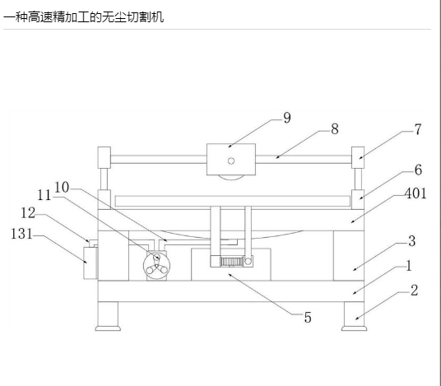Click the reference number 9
pyautogui.click(x=287, y=118)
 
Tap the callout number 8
pyautogui.click(x=334, y=129)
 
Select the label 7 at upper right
pyautogui.click(x=418, y=129)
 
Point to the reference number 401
pyautogui.click(x=415, y=193)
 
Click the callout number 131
pyautogui.click(x=22, y=234)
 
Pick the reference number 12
pyautogui.click(x=28, y=213)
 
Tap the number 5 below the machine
pyautogui.click(x=308, y=318)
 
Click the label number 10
pyautogui.click(x=62, y=188)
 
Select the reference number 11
pyautogui.click(x=44, y=195)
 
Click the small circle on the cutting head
pyautogui.click(x=231, y=161)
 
